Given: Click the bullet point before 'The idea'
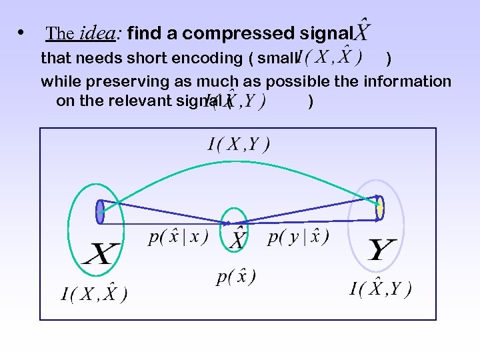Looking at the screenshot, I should pos(23,33).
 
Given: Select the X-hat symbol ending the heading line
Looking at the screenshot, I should pos(362,30).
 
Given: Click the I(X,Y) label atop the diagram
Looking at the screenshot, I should pos(238,144).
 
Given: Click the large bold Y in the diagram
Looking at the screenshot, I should pos(382,251).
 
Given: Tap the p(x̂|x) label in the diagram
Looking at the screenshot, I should pos(178,237).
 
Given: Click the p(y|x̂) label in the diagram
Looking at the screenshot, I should pos(298,237).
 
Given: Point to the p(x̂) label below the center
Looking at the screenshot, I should pos(236,275).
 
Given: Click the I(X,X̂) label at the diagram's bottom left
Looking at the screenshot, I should pos(94,293).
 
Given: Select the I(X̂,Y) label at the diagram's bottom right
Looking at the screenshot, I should pos(380,289).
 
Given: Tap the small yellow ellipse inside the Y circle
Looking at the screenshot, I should pos(379,207).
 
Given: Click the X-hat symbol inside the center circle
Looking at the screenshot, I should pos(237,238).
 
